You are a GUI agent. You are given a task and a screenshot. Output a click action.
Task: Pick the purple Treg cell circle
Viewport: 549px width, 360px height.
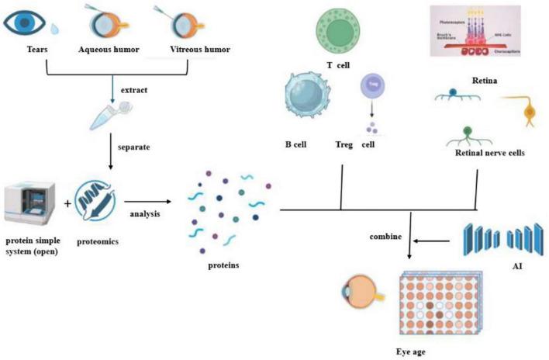(x=369, y=88)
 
